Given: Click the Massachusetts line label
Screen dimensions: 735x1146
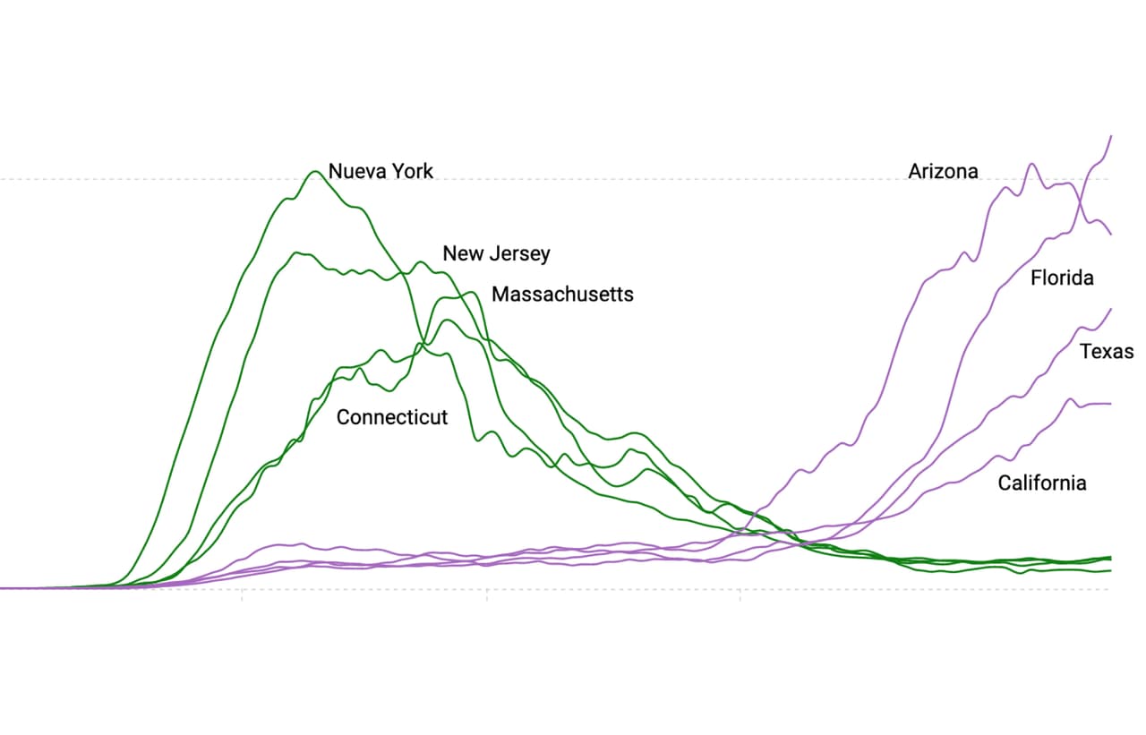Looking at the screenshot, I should (562, 294).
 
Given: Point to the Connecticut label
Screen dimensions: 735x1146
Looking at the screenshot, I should (392, 417).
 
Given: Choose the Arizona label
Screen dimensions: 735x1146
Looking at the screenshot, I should (943, 171).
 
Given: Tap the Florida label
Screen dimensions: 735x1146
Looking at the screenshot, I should (1062, 278).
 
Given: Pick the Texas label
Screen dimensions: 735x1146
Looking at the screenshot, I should (1107, 351).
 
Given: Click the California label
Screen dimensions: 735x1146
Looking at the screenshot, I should (1042, 483).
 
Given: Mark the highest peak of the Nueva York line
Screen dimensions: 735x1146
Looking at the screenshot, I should (314, 171).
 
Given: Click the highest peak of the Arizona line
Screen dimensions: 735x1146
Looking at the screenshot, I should (1032, 164).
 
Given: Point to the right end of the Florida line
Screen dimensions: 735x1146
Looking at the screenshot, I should (1111, 136).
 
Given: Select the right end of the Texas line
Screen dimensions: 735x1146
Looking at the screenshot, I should (1111, 309).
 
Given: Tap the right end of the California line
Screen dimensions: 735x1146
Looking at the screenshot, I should (1111, 404).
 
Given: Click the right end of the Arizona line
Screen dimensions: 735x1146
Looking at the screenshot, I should (1111, 235).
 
